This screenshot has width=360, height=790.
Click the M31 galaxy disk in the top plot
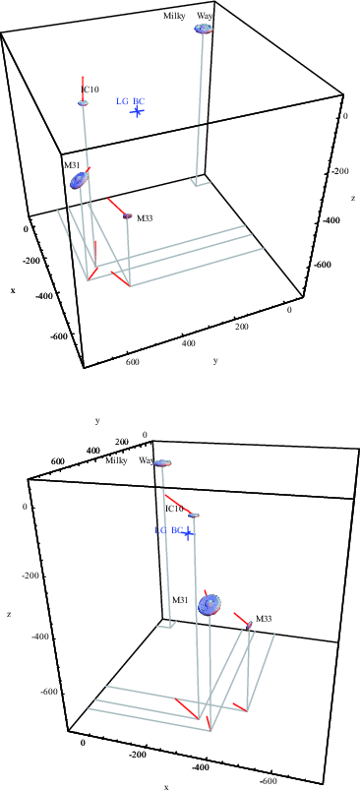(x=78, y=179)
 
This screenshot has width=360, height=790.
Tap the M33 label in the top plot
(x=145, y=218)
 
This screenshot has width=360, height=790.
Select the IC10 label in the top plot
(x=90, y=90)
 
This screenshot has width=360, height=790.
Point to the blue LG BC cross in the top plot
(x=137, y=111)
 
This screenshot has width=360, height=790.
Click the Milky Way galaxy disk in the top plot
(x=204, y=29)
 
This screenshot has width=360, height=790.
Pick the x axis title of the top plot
(x=13, y=290)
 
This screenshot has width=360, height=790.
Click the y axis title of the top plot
(x=215, y=361)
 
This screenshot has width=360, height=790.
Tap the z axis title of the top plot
(x=353, y=198)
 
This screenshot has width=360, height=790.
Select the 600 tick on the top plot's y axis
(x=133, y=362)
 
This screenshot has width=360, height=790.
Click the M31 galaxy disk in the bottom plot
(x=210, y=605)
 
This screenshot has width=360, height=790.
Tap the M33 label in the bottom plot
(x=264, y=619)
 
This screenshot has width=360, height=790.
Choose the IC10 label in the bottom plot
(x=174, y=509)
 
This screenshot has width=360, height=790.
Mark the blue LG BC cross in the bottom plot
(x=188, y=533)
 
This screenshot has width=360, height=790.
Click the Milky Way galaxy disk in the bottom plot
(x=162, y=463)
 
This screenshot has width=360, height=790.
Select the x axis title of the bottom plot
(x=166, y=786)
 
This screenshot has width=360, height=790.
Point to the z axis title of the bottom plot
(x=9, y=614)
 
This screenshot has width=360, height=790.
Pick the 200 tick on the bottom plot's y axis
(x=122, y=442)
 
